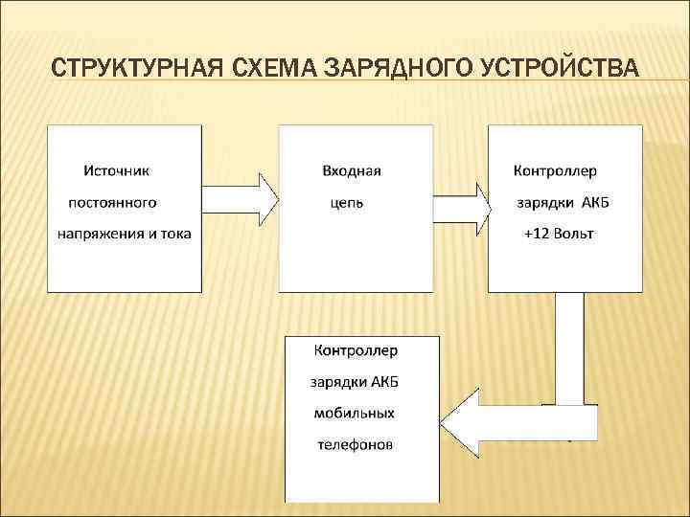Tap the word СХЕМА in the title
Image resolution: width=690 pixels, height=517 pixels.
click(274, 69)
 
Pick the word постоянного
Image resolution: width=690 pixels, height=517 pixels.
click(112, 202)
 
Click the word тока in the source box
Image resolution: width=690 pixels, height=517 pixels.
click(175, 234)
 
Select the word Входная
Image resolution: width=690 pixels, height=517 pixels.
click(352, 170)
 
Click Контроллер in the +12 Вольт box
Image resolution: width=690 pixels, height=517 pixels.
click(556, 170)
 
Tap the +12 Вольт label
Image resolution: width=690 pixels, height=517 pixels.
click(559, 234)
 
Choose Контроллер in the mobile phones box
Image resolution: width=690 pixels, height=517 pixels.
click(356, 349)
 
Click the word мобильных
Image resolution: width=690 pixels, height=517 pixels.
click(354, 413)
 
